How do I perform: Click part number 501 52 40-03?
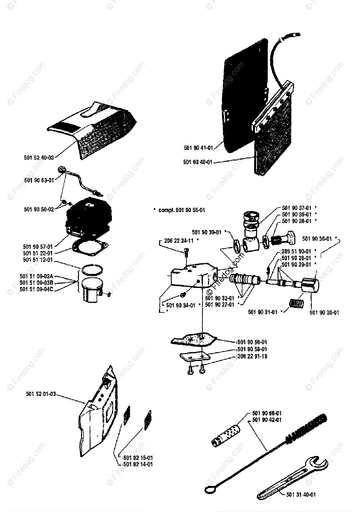39,157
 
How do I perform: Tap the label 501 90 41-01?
198,148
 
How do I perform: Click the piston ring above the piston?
93,269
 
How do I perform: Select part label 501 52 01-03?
40,394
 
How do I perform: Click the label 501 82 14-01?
138,464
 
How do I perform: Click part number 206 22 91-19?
252,356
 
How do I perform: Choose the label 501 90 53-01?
39,180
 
